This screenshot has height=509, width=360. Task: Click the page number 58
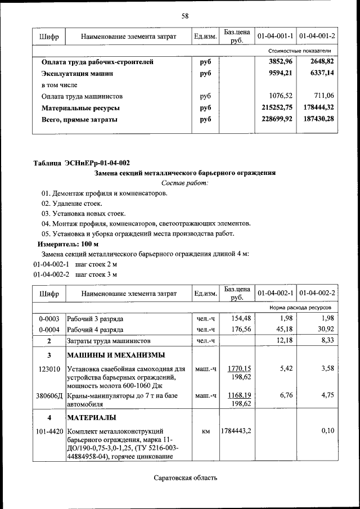point(184,16)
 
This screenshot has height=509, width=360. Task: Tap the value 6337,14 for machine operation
point(322,73)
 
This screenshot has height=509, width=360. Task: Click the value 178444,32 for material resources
point(318,107)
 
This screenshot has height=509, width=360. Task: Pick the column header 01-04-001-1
point(275,37)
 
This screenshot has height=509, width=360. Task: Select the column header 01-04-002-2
point(317,294)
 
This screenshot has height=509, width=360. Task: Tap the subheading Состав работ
point(184,183)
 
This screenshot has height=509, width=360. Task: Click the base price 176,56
point(238,330)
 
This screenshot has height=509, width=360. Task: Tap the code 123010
point(49,370)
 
